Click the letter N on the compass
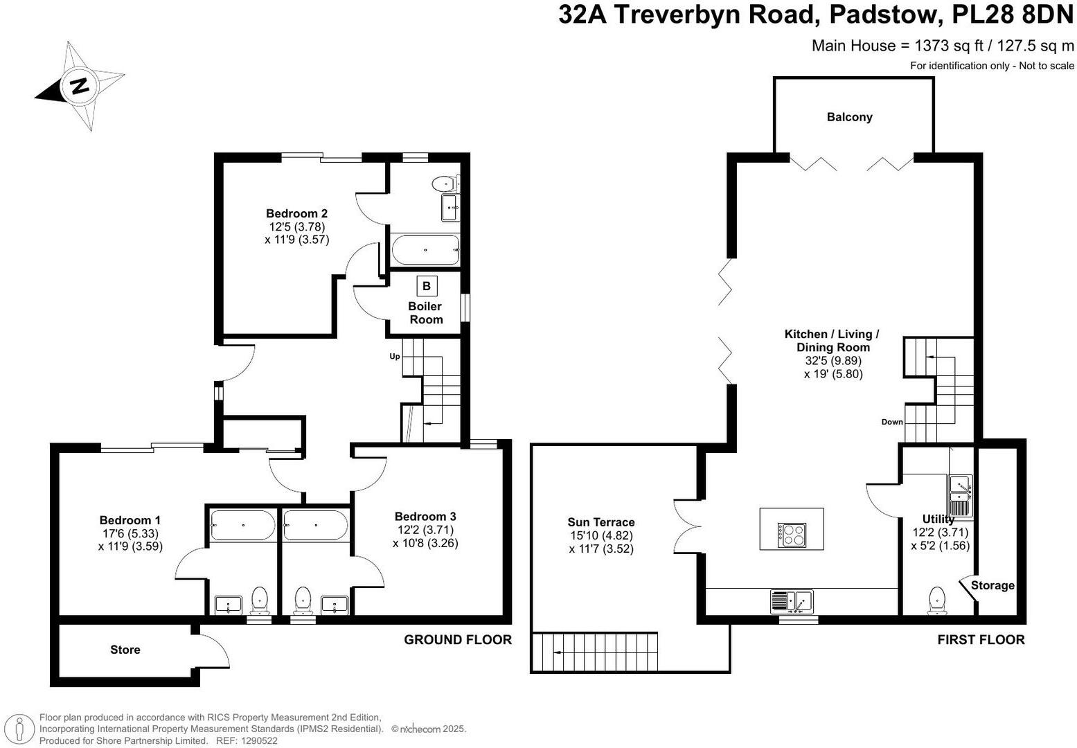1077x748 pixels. (x=80, y=87)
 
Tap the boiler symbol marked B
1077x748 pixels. (x=427, y=286)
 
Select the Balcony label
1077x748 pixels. (x=849, y=117)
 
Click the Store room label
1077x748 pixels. (x=125, y=650)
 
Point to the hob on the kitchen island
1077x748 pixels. (x=792, y=535)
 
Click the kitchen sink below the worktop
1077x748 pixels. (x=792, y=601)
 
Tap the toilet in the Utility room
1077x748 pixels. (x=937, y=600)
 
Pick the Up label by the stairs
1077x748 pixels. (x=394, y=356)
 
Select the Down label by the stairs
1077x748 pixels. (x=892, y=422)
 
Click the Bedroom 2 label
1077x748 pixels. (x=296, y=213)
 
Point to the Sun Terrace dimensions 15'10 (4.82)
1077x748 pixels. (x=601, y=535)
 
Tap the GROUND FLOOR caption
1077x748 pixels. (x=458, y=639)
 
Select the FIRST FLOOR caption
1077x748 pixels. (x=981, y=639)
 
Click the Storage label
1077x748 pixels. (x=993, y=585)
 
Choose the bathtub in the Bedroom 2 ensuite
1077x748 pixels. (x=425, y=250)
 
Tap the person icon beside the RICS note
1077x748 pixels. (x=19, y=729)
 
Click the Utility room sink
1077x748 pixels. (x=960, y=495)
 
